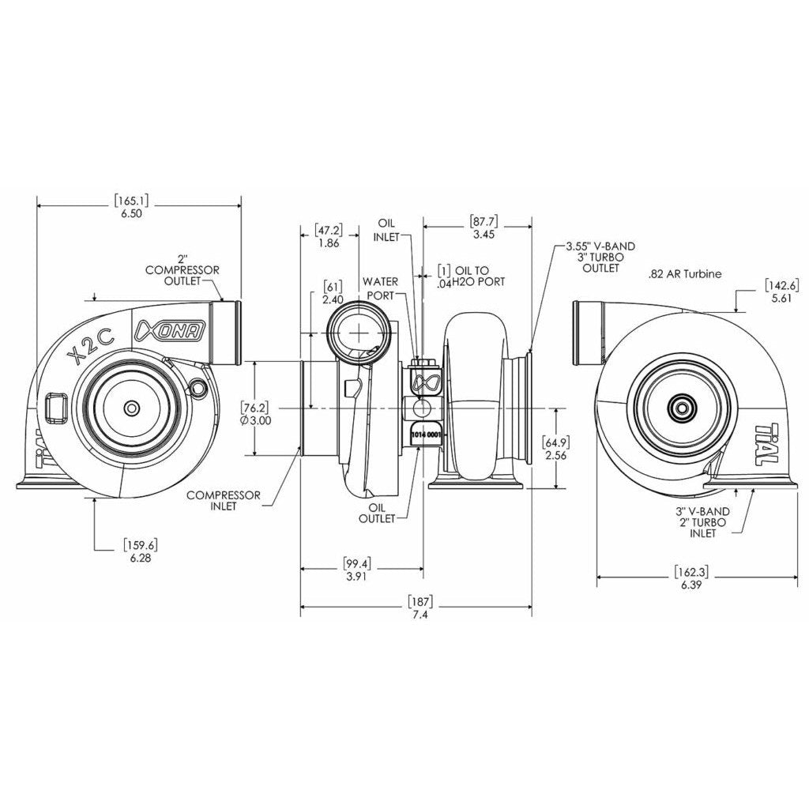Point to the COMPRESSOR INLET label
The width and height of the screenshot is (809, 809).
pos(224,500)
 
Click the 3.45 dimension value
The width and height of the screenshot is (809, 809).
pos(483,235)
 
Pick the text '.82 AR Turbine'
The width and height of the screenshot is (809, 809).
pos(685,274)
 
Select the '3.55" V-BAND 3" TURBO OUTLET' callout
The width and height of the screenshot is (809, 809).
pos(600,257)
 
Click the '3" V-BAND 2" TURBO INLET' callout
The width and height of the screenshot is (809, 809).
pos(700,522)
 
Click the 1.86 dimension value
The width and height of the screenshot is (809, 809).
pos(327,243)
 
